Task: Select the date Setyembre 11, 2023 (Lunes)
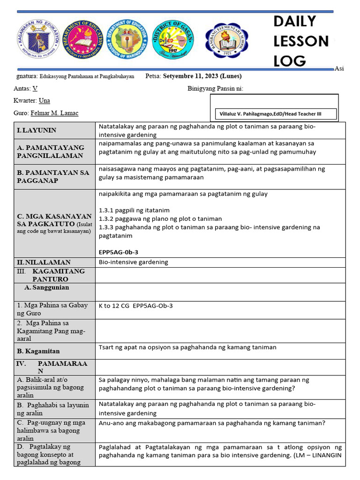point(202,76)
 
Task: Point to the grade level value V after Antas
point(35,88)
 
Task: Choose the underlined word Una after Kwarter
point(44,101)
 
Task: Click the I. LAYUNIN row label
point(37,130)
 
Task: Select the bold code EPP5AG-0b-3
point(119,252)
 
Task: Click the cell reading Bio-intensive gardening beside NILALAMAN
point(134,262)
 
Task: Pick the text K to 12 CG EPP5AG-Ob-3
point(136,306)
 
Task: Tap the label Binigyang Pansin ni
point(216,89)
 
